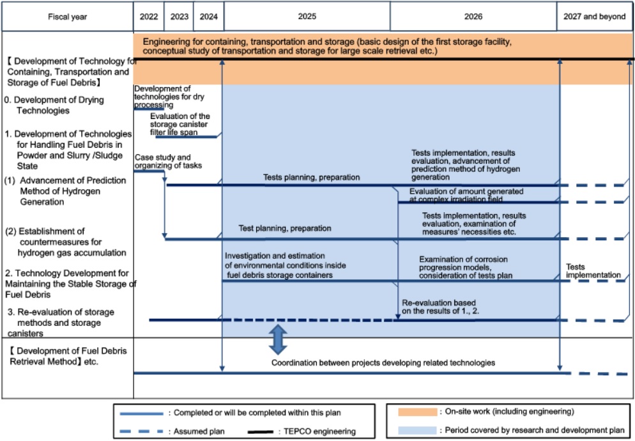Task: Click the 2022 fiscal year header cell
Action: [x=148, y=17]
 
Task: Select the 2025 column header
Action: [x=307, y=17]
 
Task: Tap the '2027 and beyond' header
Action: [x=594, y=17]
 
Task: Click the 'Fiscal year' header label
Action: [x=66, y=17]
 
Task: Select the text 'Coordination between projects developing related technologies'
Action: [x=383, y=362]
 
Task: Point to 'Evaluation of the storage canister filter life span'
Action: [x=180, y=124]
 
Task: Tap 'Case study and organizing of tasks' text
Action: [x=163, y=161]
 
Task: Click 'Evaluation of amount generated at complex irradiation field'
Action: [x=466, y=196]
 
